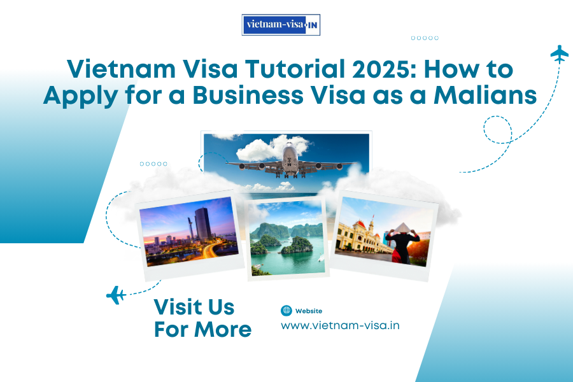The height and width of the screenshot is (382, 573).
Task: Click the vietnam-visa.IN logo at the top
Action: pos(281,25)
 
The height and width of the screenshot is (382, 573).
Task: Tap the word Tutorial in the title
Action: pos(257,69)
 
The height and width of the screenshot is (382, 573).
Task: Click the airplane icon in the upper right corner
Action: pos(559,53)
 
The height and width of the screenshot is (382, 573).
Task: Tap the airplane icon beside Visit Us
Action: pos(115,295)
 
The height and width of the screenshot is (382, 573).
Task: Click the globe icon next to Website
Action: pos(286,311)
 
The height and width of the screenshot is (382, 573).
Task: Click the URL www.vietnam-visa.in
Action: pos(340,325)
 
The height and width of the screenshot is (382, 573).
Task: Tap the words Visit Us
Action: pos(194,308)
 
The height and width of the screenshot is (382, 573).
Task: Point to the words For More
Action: pos(202,330)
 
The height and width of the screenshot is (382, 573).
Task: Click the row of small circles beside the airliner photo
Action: pos(153,164)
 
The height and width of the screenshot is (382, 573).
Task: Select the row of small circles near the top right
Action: pos(425,38)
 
